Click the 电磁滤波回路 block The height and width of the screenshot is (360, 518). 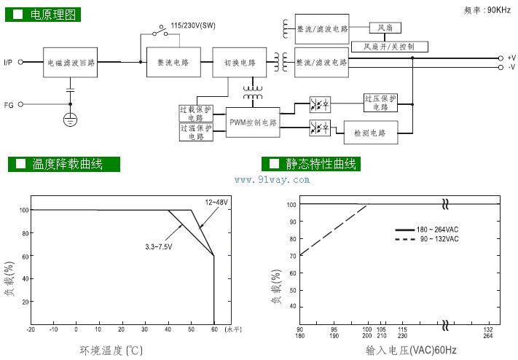[71, 63]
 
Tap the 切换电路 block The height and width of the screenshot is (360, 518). [235, 63]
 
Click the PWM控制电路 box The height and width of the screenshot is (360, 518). [253, 122]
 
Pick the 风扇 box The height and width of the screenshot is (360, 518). [385, 28]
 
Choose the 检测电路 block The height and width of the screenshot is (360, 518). [370, 132]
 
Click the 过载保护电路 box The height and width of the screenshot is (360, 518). [195, 113]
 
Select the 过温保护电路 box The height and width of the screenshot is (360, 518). [195, 131]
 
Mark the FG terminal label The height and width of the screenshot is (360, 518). [9, 105]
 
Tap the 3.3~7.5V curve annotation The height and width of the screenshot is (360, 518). [160, 246]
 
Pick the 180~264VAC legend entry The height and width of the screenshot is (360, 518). [437, 230]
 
